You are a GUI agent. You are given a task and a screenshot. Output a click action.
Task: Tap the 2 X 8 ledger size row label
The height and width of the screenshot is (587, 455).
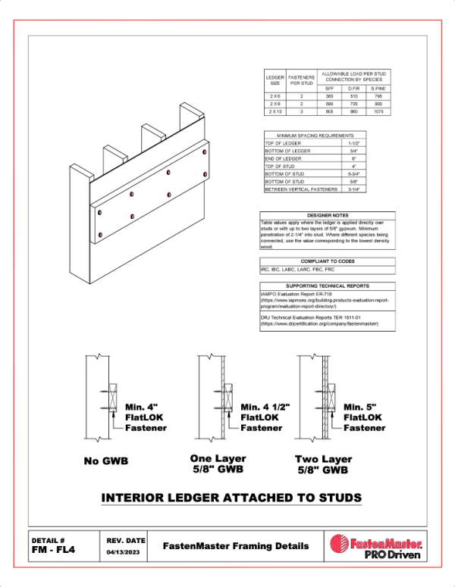coord(275,105)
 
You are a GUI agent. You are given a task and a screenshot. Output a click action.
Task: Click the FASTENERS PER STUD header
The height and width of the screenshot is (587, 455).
coord(301,79)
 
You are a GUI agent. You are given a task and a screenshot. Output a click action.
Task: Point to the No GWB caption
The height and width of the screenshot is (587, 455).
coord(105,461)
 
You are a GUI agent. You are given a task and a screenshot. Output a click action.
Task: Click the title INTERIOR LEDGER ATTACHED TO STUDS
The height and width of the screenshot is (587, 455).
coord(231,498)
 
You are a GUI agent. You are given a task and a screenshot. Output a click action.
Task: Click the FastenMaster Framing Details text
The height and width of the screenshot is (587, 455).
coord(236,546)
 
